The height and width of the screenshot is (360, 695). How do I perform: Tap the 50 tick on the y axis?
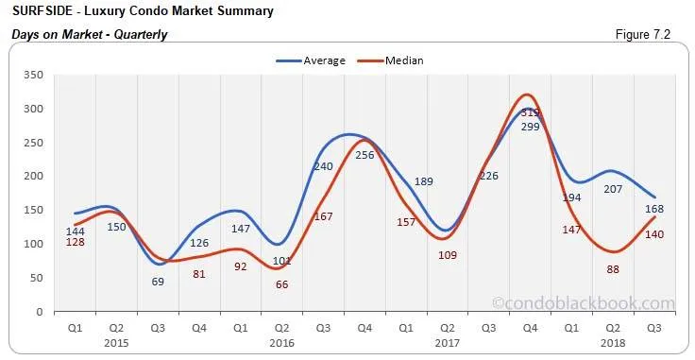[x=35, y=278]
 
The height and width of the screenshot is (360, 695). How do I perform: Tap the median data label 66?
[x=281, y=284]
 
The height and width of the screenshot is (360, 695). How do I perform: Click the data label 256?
[x=365, y=155]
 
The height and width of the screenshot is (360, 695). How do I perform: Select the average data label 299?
[x=529, y=126]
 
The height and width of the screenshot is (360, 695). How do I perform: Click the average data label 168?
[x=653, y=210]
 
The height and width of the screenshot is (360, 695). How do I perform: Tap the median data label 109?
[x=447, y=255]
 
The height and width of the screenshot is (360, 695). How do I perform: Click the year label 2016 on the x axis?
[x=281, y=344]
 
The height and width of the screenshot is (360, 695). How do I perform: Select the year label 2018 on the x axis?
[x=612, y=344]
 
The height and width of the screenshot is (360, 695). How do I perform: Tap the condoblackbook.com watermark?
[x=584, y=303]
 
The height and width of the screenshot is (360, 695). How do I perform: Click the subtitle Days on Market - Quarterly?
[x=89, y=35]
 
